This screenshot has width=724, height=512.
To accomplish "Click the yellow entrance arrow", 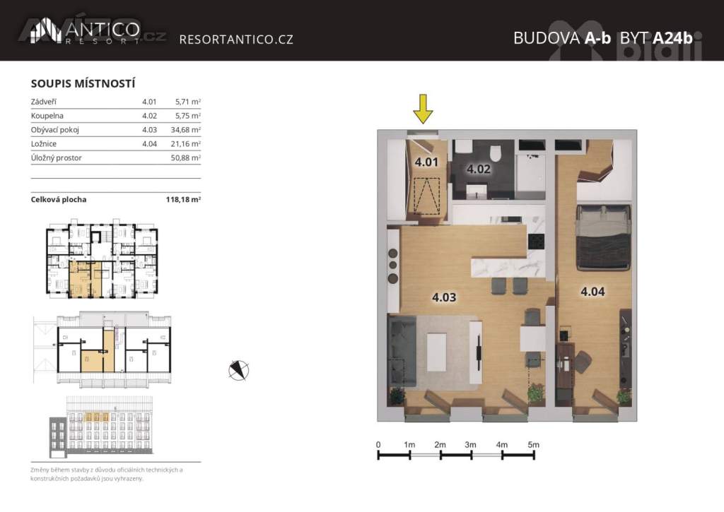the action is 423,109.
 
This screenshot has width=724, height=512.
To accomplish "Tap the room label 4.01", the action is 426,162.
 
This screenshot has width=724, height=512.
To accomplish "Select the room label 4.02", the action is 479,169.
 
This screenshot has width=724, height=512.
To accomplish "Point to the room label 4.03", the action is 444,297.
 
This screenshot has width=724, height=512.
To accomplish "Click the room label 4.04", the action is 592,292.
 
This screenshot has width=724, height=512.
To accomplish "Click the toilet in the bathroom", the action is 496,154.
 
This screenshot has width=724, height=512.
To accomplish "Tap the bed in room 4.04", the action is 603,237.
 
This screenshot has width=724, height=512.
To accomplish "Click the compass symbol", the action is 239,370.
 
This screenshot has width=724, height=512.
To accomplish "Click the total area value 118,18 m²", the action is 183,200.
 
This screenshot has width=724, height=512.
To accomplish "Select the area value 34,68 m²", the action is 186,130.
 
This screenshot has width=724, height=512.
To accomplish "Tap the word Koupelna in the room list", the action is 47,116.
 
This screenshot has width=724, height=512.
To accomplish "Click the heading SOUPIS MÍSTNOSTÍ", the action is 83,83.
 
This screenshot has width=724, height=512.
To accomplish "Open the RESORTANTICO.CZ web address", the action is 236,40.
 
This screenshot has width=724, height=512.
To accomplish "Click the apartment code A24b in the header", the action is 673,38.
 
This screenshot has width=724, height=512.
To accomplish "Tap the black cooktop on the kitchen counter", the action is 536,241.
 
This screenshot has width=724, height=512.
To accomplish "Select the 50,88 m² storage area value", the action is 186,157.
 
